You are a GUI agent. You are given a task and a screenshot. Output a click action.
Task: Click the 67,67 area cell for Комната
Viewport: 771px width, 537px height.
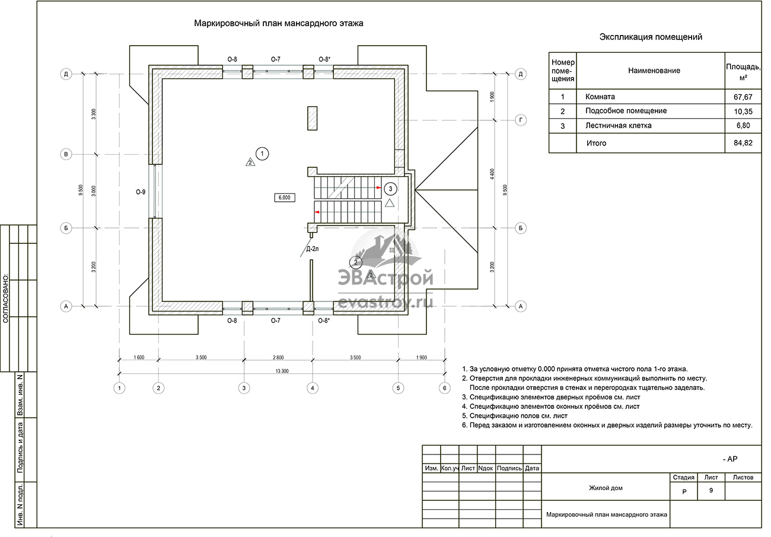[743, 97]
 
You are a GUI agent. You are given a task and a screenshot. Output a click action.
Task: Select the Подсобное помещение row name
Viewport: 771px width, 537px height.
[626, 111]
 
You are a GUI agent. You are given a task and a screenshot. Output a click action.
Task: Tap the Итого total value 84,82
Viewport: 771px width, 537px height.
[743, 142]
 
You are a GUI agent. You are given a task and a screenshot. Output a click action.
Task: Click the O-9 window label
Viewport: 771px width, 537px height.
[141, 192]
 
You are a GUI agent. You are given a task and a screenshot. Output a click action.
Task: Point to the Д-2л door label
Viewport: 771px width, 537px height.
[312, 249]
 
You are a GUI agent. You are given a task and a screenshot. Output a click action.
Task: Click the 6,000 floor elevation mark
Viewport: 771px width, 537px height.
[284, 198]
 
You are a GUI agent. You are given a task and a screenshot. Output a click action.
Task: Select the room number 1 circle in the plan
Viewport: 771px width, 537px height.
[262, 154]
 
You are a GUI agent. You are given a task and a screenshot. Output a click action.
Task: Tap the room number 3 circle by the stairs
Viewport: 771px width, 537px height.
[390, 189]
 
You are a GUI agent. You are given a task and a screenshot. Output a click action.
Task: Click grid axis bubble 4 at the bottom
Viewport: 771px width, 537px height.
[313, 388]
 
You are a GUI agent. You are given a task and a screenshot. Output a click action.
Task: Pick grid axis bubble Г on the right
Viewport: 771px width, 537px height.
[521, 120]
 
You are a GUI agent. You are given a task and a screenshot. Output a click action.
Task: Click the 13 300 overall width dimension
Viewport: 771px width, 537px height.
[282, 371]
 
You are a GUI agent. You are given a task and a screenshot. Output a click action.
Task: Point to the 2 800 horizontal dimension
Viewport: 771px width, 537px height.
[278, 358]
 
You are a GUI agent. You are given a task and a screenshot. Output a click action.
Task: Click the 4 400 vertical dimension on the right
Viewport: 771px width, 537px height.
[492, 174]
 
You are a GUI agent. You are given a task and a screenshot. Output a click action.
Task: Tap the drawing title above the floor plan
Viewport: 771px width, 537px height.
[279, 23]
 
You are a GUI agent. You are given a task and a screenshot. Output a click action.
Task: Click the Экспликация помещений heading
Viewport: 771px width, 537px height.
[651, 37]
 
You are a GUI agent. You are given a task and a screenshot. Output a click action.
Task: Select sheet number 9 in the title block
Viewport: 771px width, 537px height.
[711, 490]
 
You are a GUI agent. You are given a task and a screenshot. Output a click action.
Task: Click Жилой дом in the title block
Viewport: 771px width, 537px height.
[606, 488]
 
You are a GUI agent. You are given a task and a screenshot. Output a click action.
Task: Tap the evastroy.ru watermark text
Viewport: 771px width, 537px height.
[385, 302]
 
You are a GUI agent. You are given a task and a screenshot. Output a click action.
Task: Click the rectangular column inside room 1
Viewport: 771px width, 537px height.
[312, 118]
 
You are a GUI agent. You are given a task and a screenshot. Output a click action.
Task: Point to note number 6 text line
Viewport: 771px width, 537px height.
[607, 425]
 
